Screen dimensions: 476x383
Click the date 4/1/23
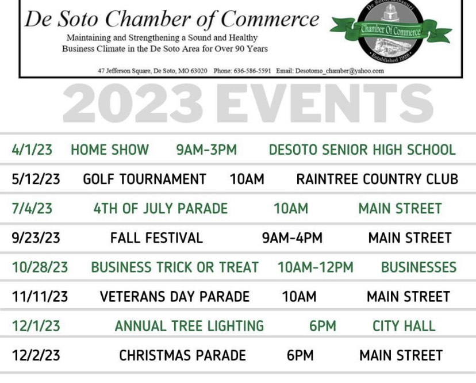coord(32,150)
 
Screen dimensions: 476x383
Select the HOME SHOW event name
coord(110,150)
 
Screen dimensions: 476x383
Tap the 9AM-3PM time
coord(206,150)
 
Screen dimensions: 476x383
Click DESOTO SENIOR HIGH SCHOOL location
coord(362,150)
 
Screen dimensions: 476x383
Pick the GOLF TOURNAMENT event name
coord(144,179)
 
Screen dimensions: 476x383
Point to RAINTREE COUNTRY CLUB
coord(377,179)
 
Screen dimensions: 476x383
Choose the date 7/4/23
coord(32,208)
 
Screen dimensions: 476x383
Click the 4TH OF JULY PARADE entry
coord(160,208)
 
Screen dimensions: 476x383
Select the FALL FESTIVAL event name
coord(156,238)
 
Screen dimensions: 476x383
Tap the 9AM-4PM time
coord(293,238)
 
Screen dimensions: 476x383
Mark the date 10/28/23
coord(40,267)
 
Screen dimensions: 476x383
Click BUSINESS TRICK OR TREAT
coord(175,267)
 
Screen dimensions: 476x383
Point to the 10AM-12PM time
coord(316,267)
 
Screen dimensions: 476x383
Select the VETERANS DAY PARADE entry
coord(175,296)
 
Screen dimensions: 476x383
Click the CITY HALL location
coord(404,326)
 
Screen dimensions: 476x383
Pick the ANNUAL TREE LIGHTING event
coord(190,326)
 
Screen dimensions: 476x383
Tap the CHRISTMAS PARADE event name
coord(182,355)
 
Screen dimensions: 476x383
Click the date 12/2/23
coord(36,355)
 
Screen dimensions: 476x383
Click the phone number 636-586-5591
coord(252,71)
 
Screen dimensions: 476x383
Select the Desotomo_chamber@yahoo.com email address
coord(339,71)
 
